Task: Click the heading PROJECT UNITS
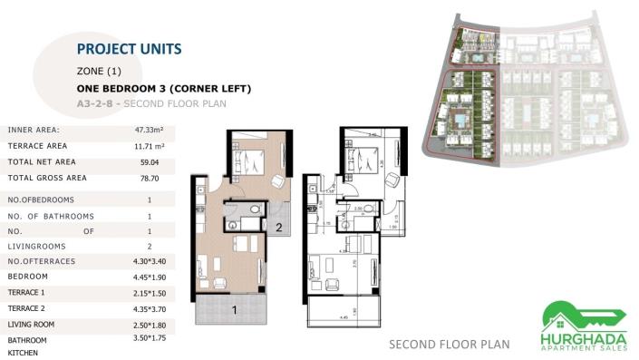[x=129, y=49]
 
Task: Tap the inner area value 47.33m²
[x=149, y=130]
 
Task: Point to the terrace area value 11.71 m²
[x=149, y=145]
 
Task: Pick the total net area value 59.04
[x=149, y=161]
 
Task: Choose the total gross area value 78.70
[x=149, y=178]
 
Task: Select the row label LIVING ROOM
[x=33, y=324]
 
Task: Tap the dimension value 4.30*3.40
[x=149, y=261]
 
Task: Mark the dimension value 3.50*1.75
[x=149, y=337]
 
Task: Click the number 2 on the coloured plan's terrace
[x=280, y=228]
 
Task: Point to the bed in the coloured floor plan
[x=248, y=163]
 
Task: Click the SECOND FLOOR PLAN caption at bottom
[x=449, y=345]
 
